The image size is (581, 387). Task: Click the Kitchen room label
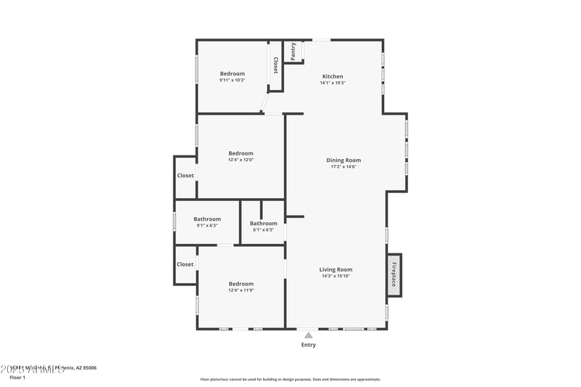click(x=333, y=76)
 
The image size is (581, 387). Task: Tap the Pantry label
click(x=293, y=52)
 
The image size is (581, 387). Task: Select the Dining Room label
click(x=344, y=160)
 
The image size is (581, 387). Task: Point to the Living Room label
click(x=336, y=269)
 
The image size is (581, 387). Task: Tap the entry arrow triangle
click(x=309, y=335)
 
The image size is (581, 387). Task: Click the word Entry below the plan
click(x=309, y=345)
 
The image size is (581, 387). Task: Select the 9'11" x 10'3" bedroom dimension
click(x=232, y=80)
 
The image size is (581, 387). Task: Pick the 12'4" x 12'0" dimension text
click(x=241, y=160)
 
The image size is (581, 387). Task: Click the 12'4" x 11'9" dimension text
click(x=241, y=290)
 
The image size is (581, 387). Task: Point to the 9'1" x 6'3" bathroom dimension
click(x=207, y=225)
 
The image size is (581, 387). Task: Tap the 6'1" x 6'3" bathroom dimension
click(x=263, y=229)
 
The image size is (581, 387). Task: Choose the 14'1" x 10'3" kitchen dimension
click(x=333, y=83)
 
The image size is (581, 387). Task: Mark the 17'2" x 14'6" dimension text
click(x=344, y=167)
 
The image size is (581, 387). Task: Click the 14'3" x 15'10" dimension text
click(x=336, y=276)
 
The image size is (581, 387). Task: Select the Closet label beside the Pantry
click(x=275, y=65)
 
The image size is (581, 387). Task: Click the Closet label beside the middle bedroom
click(x=185, y=176)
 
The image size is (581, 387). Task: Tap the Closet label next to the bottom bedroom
click(x=185, y=264)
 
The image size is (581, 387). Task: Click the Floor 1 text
click(x=17, y=378)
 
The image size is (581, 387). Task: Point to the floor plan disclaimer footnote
click(x=290, y=379)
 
